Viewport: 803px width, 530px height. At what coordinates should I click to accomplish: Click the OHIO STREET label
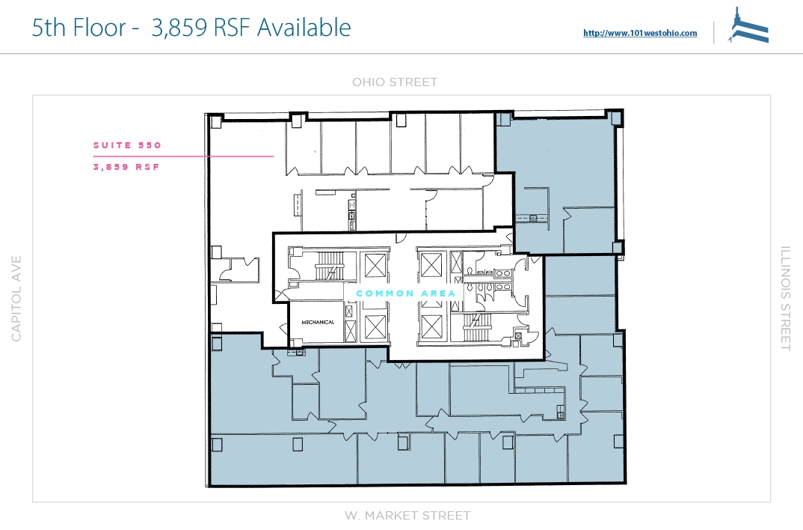(394, 82)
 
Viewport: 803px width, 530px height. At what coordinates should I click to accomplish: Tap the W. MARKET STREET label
(407, 515)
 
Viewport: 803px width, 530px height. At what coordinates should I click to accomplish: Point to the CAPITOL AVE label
(16, 299)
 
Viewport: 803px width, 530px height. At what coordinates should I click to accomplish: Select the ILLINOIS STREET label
(786, 299)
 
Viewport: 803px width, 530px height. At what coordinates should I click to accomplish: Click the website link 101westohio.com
(640, 33)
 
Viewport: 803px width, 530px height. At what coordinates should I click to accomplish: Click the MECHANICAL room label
(318, 323)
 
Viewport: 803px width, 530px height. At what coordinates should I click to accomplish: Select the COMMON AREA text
(405, 293)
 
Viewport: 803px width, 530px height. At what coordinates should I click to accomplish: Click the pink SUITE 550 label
(128, 145)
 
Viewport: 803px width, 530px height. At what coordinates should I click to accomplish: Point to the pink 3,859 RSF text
(126, 167)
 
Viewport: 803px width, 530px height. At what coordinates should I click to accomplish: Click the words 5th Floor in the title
(79, 27)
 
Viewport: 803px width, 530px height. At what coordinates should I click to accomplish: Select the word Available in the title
(304, 27)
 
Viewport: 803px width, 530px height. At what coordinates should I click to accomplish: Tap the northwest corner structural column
(215, 121)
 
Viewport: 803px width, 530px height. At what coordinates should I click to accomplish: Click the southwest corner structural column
(217, 445)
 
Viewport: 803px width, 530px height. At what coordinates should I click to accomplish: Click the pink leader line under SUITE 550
(183, 156)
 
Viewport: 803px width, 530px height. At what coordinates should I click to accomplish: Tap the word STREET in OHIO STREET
(413, 82)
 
